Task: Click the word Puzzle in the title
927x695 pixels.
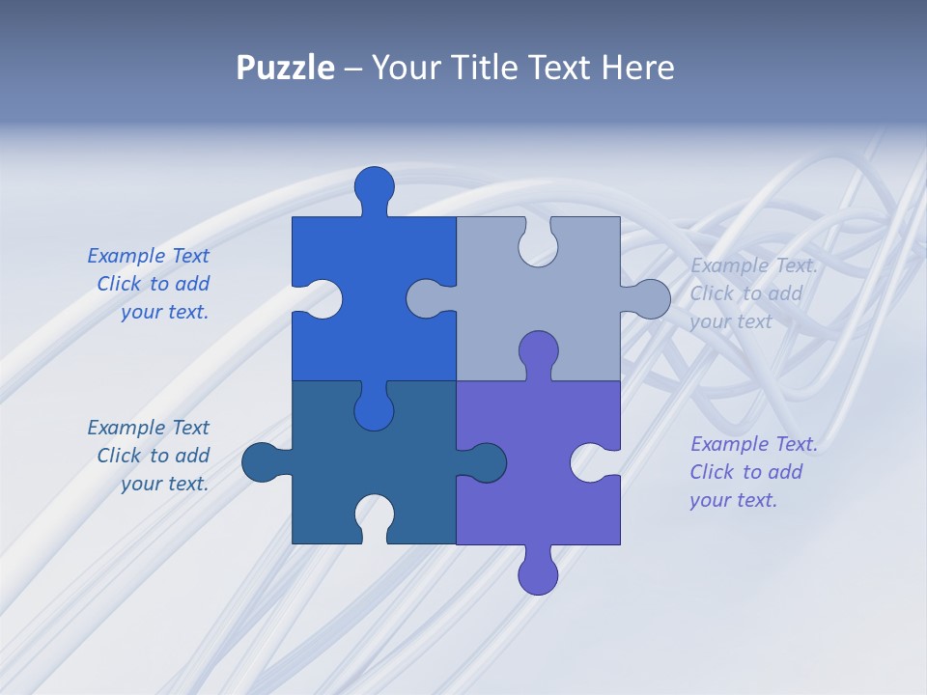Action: coord(285,68)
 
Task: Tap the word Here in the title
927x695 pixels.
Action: coord(637,68)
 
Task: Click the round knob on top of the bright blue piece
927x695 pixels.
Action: coord(375,186)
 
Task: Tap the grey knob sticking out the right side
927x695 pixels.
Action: coord(649,299)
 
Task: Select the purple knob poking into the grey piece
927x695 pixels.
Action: coord(538,352)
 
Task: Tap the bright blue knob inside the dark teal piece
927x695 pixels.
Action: coord(374,409)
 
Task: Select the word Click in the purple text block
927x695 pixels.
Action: coord(712,472)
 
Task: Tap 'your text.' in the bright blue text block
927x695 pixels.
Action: coord(164,312)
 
